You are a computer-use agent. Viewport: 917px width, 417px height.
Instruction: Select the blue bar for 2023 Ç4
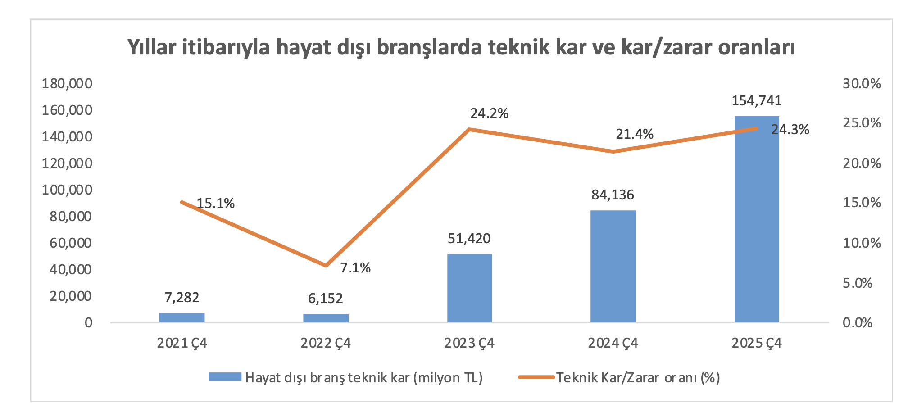(x=469, y=288)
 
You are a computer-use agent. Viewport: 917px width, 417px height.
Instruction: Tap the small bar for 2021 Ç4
(x=182, y=318)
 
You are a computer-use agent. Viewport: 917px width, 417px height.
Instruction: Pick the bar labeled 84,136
(x=613, y=266)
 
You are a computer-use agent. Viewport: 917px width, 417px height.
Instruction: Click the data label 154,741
(x=757, y=100)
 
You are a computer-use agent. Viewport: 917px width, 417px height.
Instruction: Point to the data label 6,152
(x=326, y=298)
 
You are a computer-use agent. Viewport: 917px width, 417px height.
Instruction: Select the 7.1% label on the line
(x=355, y=268)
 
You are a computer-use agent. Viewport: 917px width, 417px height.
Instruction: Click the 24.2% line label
(x=489, y=113)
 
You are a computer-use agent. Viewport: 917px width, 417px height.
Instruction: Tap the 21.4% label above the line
(x=634, y=134)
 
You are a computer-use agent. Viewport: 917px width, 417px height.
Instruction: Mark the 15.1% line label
(x=216, y=204)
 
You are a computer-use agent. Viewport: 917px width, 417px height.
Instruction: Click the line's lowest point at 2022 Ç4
(x=326, y=266)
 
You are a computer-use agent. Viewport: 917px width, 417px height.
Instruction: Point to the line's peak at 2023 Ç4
(x=469, y=129)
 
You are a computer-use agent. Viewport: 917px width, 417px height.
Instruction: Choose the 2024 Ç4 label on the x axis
(x=613, y=343)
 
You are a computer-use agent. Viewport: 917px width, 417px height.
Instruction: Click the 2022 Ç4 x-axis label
(x=326, y=343)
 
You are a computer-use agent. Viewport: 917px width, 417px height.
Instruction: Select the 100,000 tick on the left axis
(x=67, y=190)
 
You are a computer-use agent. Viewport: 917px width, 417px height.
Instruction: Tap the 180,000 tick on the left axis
(x=67, y=83)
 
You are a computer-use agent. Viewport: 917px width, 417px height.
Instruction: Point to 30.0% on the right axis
(x=862, y=83)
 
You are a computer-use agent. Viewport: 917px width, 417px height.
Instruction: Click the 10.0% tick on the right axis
(x=862, y=243)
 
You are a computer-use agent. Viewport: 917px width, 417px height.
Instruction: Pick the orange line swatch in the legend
(x=536, y=377)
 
